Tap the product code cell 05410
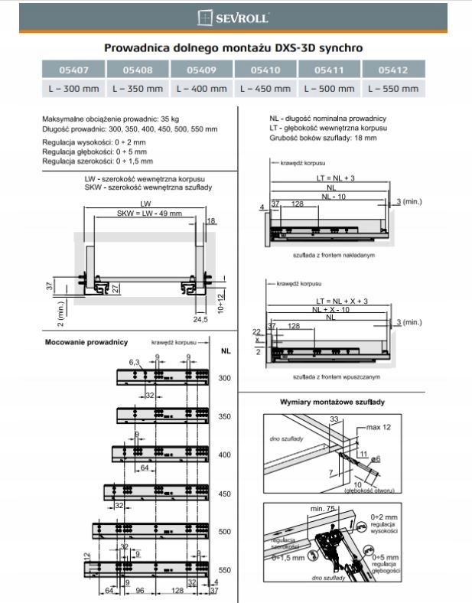tap(265, 70)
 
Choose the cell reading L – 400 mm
tap(201, 89)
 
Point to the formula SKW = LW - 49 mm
tap(149, 213)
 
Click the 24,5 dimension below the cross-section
tap(201, 319)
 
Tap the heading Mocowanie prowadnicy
tap(86, 342)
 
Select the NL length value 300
tap(225, 378)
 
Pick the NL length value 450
tap(225, 494)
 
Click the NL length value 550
tap(225, 570)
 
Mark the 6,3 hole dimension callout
tap(135, 361)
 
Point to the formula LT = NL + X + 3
tap(330, 301)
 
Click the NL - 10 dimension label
tap(330, 196)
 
